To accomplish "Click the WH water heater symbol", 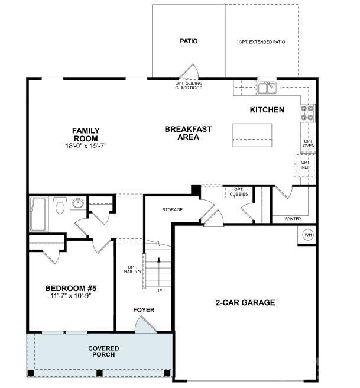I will (307, 235).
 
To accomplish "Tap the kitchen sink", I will (267, 88).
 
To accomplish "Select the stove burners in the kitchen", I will (307, 112).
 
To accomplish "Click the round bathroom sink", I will (77, 204).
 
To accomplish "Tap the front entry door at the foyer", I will (144, 325).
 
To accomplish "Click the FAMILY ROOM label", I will (86, 134).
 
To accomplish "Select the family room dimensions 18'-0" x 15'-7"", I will (86, 145).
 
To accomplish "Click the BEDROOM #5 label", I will (70, 288).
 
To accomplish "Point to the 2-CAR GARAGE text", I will (245, 302).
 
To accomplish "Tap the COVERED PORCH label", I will (103, 351).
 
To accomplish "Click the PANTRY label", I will (293, 219).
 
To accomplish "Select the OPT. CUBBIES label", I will (238, 192).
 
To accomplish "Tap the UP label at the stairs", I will (158, 291).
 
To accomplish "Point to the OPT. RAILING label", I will (131, 269).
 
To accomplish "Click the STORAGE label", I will (173, 210).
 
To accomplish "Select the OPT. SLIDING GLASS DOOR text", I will (189, 85).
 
